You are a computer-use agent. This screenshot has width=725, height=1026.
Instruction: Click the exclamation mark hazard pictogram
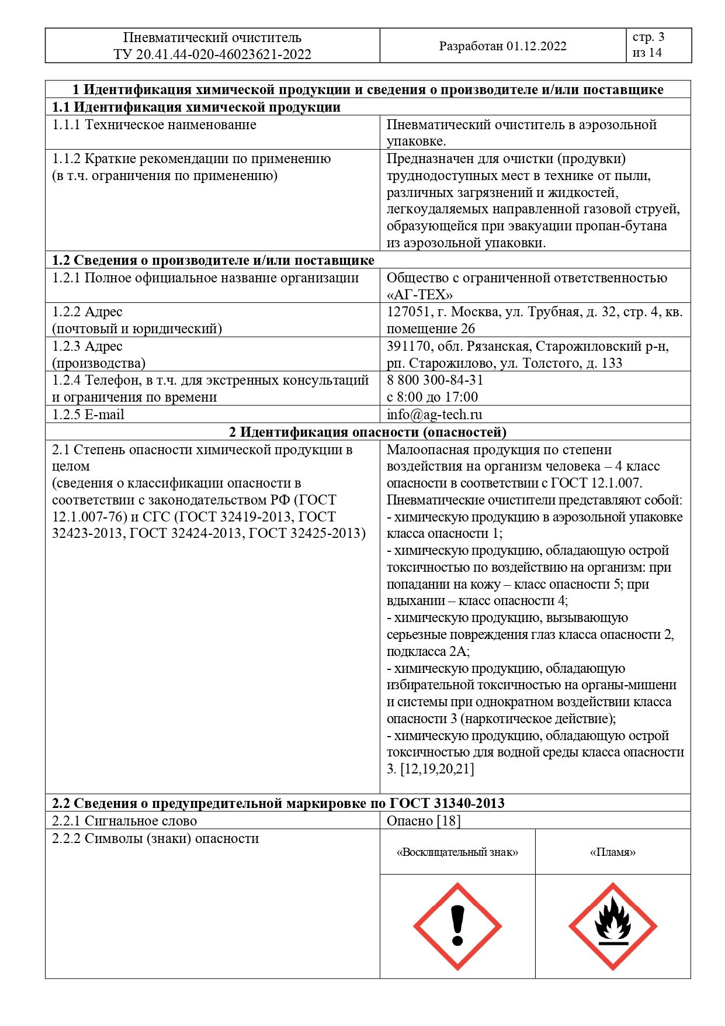(457, 926)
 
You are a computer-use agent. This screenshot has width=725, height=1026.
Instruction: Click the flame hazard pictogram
(612, 926)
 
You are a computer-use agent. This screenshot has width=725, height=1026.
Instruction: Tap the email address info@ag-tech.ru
(434, 414)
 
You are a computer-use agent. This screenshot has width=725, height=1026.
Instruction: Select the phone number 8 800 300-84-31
(435, 380)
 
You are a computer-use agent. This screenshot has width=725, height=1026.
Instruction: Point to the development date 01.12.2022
(536, 46)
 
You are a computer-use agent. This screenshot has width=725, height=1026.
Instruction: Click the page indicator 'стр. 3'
(648, 37)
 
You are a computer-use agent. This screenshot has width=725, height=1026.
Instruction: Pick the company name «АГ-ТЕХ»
(419, 295)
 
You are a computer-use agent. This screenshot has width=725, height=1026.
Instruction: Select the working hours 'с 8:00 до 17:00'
(432, 397)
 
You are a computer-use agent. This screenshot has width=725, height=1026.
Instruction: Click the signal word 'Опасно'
(410, 821)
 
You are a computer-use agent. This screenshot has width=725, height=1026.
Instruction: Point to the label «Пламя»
(612, 852)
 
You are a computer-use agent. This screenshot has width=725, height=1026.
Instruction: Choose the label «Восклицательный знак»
(457, 852)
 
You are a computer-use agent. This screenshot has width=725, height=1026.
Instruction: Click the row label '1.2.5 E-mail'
(88, 414)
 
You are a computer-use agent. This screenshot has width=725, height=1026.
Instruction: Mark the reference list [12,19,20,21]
(437, 769)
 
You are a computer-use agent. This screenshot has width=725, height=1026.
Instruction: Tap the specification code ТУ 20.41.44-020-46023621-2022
(213, 54)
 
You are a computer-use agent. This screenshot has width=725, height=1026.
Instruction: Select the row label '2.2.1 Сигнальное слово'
(124, 821)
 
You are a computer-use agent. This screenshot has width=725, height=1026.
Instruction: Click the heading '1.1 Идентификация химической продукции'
(196, 107)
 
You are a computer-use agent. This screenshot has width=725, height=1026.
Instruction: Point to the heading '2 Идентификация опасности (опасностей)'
(367, 432)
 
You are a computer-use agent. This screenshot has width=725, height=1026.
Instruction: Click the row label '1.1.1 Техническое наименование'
(154, 125)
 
